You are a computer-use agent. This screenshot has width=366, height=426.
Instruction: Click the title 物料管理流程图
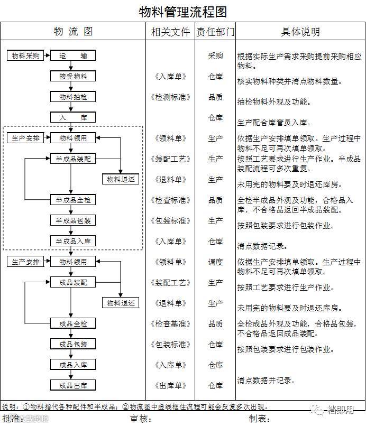click(x=182, y=12)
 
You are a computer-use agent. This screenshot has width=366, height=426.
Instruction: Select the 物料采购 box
click(x=25, y=55)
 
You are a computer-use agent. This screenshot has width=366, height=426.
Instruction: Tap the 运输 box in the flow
click(x=73, y=55)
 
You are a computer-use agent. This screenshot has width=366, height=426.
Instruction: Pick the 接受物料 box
click(x=73, y=76)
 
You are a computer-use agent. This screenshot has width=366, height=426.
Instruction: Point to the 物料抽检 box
click(x=73, y=97)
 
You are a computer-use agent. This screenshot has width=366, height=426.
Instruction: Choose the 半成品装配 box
click(x=73, y=159)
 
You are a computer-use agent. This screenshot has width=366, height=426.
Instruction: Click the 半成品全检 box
click(x=73, y=200)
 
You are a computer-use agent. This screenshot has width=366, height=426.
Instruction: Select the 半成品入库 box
click(x=73, y=241)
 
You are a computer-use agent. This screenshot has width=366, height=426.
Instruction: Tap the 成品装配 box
click(x=73, y=282)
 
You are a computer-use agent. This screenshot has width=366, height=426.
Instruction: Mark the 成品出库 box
click(x=73, y=385)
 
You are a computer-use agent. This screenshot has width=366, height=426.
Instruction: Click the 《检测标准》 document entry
click(x=170, y=97)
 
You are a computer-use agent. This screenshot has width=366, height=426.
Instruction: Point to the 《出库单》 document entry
click(x=170, y=385)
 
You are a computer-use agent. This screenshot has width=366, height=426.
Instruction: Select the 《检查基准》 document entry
click(x=170, y=323)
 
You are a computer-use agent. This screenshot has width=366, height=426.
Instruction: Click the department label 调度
click(x=215, y=262)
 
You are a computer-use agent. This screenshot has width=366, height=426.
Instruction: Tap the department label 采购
click(x=215, y=55)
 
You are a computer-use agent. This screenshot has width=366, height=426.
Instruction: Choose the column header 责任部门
click(x=215, y=31)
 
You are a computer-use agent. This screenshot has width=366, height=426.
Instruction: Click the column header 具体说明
click(x=300, y=31)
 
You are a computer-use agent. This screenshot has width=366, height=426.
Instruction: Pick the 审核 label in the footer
click(x=140, y=419)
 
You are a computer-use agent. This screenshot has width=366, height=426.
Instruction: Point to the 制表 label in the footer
click(x=259, y=419)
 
